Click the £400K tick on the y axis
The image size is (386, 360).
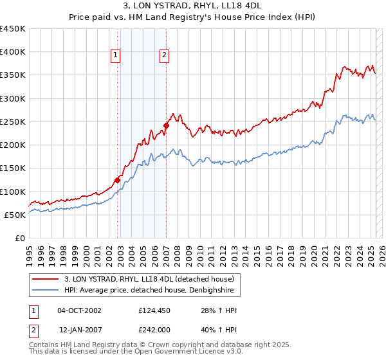[12, 52]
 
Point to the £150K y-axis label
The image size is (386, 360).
[12, 168]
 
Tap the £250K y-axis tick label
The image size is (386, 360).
[12, 122]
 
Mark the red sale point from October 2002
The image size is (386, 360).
[117, 180]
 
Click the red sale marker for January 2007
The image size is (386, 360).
[166, 125]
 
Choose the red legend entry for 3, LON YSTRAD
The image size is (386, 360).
[152, 279]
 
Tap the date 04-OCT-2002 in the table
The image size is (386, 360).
[79, 310]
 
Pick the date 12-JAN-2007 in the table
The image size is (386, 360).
[79, 329]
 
